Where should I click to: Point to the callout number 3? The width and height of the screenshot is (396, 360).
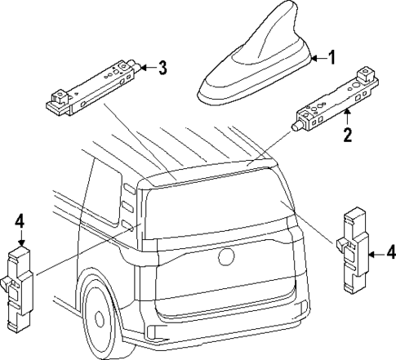click(162, 67)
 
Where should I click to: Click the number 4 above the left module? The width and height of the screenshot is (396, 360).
click(20, 221)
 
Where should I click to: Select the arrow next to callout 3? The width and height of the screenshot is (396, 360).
click(146, 67)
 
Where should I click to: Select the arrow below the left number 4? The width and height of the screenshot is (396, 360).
click(20, 238)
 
